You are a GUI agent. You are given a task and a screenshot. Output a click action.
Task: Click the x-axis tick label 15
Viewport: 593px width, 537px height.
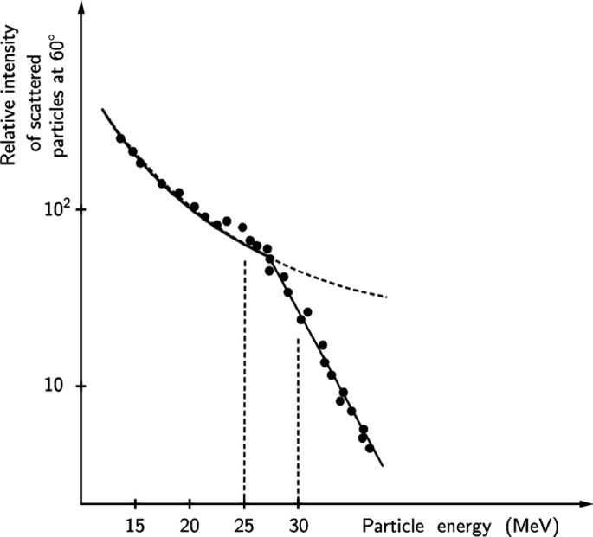pyautogui.click(x=134, y=524)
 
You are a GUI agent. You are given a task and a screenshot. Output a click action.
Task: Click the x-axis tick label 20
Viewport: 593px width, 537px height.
pyautogui.click(x=190, y=524)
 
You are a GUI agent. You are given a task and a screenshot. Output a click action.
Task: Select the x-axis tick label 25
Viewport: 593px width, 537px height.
pyautogui.click(x=244, y=524)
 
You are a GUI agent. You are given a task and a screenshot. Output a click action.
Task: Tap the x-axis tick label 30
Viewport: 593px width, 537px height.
pyautogui.click(x=298, y=524)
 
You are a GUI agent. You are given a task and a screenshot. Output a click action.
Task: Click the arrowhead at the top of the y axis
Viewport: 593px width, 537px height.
pyautogui.click(x=81, y=9)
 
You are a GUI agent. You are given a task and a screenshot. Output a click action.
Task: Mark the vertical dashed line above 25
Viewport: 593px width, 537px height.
pyautogui.click(x=244, y=380)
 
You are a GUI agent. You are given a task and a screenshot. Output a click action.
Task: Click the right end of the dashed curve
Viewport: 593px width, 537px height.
pyautogui.click(x=386, y=297)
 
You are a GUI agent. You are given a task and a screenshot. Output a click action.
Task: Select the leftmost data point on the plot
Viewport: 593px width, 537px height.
pyautogui.click(x=121, y=138)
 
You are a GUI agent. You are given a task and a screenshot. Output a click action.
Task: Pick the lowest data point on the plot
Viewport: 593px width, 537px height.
pyautogui.click(x=370, y=448)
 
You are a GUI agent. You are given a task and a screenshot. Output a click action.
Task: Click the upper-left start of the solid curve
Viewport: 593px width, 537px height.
pyautogui.click(x=103, y=110)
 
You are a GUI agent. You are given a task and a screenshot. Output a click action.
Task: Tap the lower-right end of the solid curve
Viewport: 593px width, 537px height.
pyautogui.click(x=381, y=465)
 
